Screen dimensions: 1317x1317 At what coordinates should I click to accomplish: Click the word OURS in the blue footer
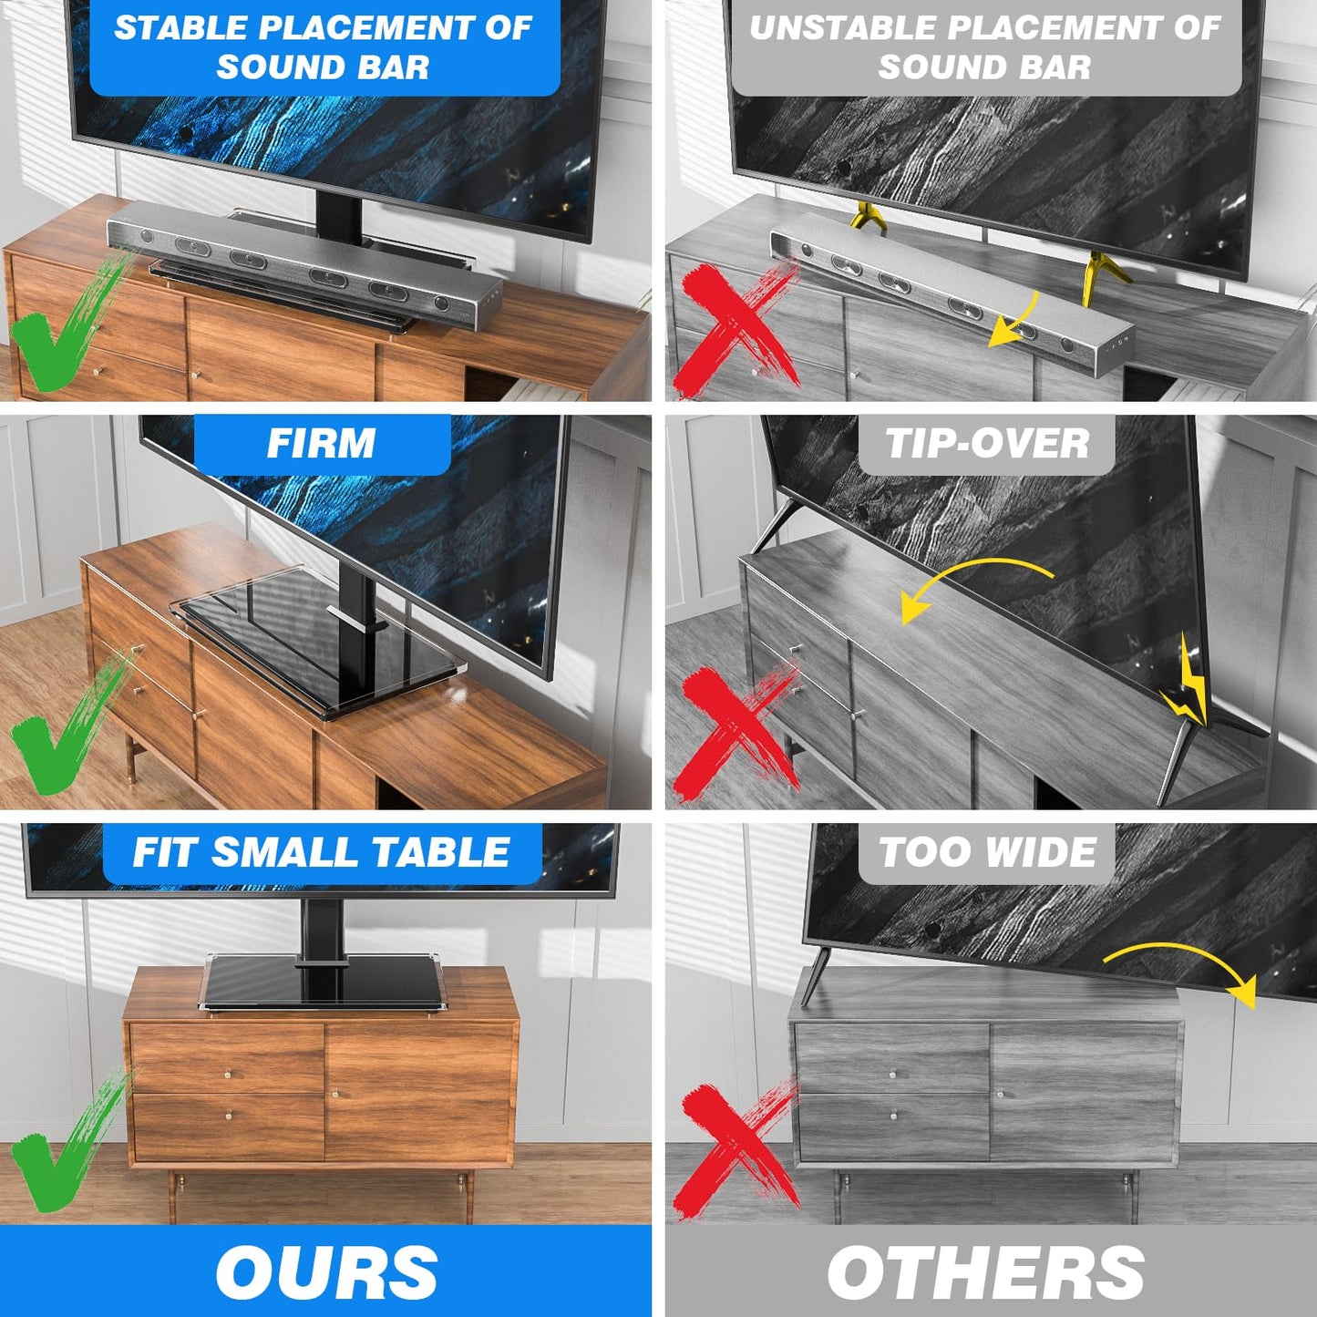tap(326, 1272)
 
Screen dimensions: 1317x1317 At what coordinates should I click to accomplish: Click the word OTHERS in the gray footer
tap(985, 1272)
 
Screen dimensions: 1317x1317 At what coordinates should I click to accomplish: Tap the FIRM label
tap(321, 444)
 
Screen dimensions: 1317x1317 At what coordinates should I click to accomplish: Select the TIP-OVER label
tap(987, 444)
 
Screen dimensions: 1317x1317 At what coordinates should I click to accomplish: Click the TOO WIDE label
tap(987, 853)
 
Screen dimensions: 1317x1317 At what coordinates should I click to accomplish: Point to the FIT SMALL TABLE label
tap(321, 853)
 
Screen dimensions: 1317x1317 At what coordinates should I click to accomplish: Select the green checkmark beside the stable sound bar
tap(64, 328)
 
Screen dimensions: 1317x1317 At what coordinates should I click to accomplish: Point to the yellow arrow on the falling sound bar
tap(1013, 321)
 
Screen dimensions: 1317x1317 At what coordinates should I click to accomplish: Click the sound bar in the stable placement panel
tap(304, 264)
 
